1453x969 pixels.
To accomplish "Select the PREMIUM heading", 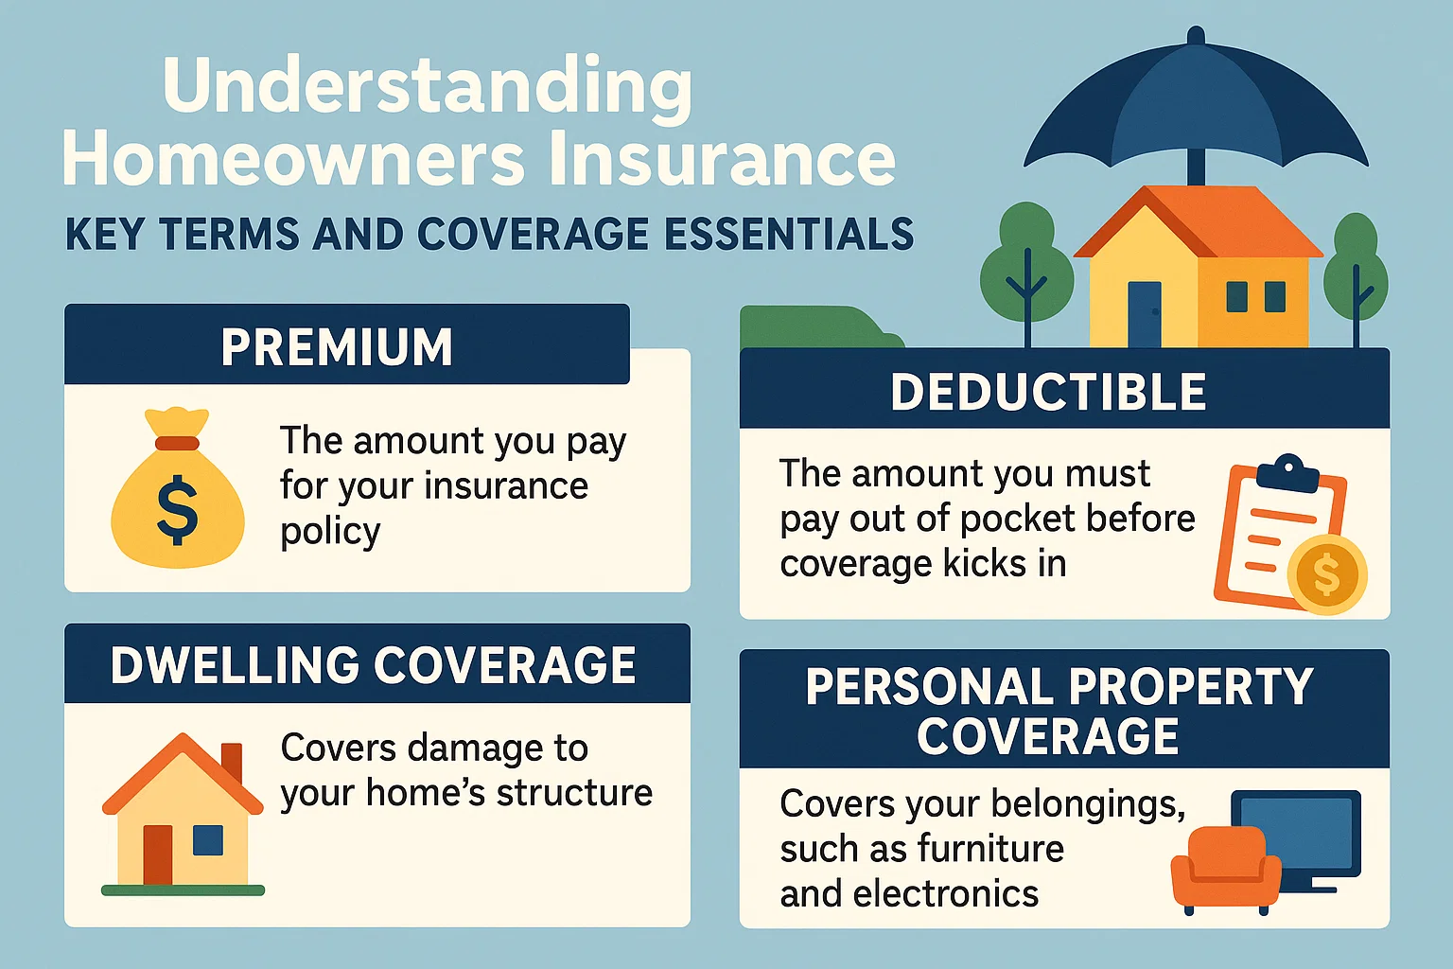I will (337, 347).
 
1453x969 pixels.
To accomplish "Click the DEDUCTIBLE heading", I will (1048, 392).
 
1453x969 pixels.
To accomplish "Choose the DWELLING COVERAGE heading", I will (373, 665).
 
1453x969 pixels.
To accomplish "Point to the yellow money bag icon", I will (178, 492).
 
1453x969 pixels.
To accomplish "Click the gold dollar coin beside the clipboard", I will (1326, 574).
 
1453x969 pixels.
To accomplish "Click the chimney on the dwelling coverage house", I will (232, 763).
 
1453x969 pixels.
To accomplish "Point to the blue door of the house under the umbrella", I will (1144, 313).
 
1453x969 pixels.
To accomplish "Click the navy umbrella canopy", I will (1196, 104).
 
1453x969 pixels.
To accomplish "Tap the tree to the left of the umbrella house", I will (1025, 265).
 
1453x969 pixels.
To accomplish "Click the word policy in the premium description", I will (330, 532).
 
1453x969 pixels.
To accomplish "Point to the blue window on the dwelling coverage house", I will (207, 839).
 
